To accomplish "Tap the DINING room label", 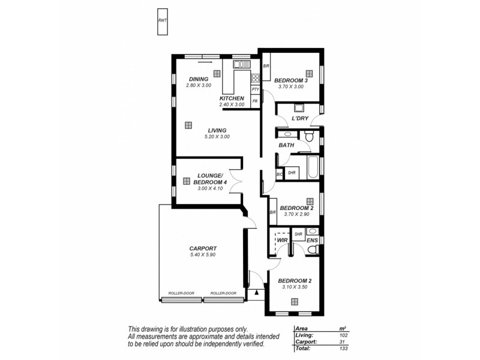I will [x=198, y=79].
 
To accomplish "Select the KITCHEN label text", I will [x=232, y=98].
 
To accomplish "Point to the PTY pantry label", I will [x=255, y=89].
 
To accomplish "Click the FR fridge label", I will [x=255, y=101].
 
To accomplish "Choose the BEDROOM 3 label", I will [x=291, y=80].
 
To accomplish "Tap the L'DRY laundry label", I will [x=300, y=118].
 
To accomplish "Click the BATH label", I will [x=286, y=145].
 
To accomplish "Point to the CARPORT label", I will [x=203, y=248].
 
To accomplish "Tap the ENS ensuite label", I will [x=312, y=240].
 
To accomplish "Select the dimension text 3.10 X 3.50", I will [x=295, y=287].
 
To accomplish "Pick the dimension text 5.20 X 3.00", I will [x=217, y=137].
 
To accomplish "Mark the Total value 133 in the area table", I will [x=343, y=348].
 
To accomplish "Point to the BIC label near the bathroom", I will [x=280, y=173].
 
